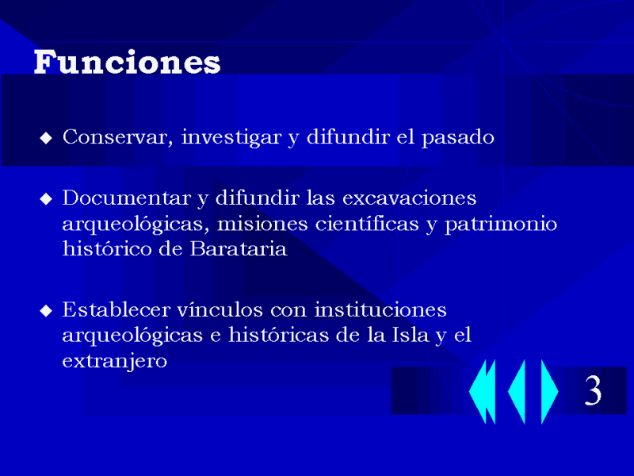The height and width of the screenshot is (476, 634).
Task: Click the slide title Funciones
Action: tap(127, 63)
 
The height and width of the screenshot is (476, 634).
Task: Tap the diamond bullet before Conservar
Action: tap(46, 138)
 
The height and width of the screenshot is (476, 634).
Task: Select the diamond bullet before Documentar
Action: tap(46, 199)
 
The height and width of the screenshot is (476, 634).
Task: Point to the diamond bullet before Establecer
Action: tap(46, 310)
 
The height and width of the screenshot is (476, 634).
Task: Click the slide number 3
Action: tap(593, 390)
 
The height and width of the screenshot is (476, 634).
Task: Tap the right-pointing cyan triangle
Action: tap(548, 391)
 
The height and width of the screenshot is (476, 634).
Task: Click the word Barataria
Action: tap(239, 248)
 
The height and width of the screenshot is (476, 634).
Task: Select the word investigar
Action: tap(231, 137)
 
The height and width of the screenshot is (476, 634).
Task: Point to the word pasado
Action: tap(458, 137)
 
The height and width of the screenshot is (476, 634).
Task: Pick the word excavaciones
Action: tap(409, 198)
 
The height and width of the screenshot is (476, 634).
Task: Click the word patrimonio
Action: tap(501, 225)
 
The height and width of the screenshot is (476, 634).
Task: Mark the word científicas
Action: tap(367, 224)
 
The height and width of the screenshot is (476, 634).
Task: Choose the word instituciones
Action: tap(380, 310)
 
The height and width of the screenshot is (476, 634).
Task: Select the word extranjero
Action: tap(114, 361)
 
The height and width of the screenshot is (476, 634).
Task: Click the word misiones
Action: tap(262, 224)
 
